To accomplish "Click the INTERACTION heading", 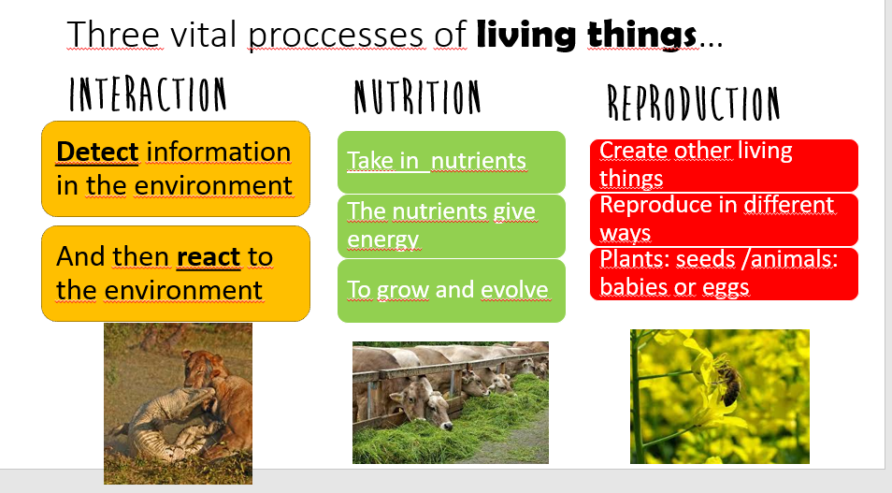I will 148,94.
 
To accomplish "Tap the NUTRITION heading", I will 417,98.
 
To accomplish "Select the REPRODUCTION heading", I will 693,103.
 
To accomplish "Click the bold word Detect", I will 97,152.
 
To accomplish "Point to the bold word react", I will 209,255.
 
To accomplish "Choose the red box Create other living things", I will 724,164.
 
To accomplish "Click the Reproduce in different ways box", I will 724,218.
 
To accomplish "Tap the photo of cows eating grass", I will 450,402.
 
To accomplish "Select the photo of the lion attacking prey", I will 178,403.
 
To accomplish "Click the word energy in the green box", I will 383,239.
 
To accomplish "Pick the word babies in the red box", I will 631,287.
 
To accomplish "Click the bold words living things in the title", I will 586,35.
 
